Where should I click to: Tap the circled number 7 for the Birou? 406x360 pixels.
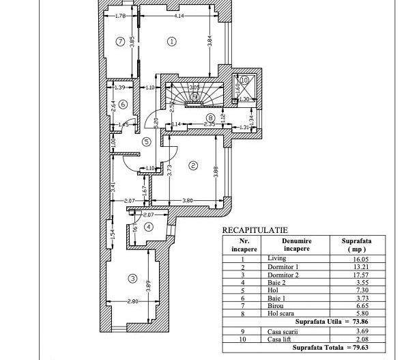(120, 42)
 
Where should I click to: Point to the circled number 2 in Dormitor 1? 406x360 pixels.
(193, 165)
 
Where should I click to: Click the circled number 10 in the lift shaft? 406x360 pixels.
(244, 80)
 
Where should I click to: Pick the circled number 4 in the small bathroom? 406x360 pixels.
(149, 227)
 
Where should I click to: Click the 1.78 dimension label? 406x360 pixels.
(120, 16)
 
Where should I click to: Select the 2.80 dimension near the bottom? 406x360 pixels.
(132, 301)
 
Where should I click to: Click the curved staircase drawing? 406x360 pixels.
(194, 95)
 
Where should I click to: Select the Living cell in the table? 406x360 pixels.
(277, 259)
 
